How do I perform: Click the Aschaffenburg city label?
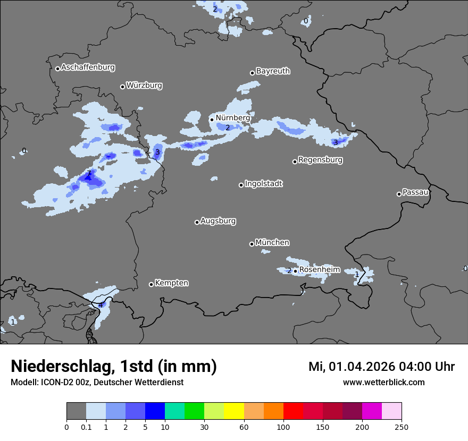[88, 67]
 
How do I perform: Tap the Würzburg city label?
[144, 86]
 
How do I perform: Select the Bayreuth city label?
[273, 71]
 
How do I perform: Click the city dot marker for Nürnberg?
[212, 120]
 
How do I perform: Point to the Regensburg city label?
[320, 160]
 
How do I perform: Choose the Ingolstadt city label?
[263, 184]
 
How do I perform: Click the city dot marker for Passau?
[399, 194]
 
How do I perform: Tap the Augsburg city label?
[218, 221]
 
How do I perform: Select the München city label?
[272, 243]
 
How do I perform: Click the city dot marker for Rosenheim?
[295, 271]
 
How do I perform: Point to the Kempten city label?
[171, 283]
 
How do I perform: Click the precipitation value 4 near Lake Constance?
[101, 305]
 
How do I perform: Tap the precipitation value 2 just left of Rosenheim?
[289, 271]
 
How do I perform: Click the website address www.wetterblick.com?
[383, 383]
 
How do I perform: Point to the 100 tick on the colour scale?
[283, 427]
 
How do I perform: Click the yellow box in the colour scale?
[234, 411]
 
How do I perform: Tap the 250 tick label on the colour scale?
[402, 427]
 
